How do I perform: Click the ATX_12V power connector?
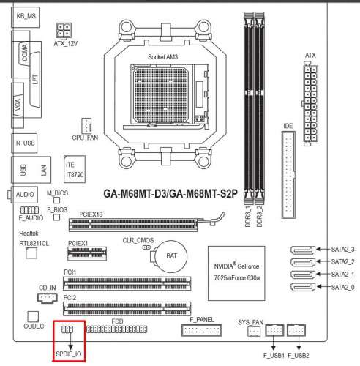pos(64,30)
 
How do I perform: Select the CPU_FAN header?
pos(86,126)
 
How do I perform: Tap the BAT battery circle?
pos(171,256)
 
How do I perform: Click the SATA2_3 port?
pos(303,250)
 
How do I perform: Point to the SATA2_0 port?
pos(303,287)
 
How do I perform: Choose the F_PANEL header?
pos(202,330)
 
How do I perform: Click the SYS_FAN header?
pos(254,332)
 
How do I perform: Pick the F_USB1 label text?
pos(274,356)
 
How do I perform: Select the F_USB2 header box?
pos(296,330)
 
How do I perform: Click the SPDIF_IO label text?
pos(69,354)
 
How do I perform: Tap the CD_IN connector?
pos(48,298)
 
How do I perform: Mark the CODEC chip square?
pos(33,317)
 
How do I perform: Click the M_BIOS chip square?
pos(56,201)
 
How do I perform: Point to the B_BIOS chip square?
pos(56,217)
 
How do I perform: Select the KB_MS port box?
pos(26,17)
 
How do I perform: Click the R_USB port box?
pos(24,143)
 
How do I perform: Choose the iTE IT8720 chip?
pos(75,169)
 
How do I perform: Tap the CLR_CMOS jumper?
pos(146,247)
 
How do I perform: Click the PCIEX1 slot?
pos(87,253)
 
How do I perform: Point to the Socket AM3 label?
pos(162,57)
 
